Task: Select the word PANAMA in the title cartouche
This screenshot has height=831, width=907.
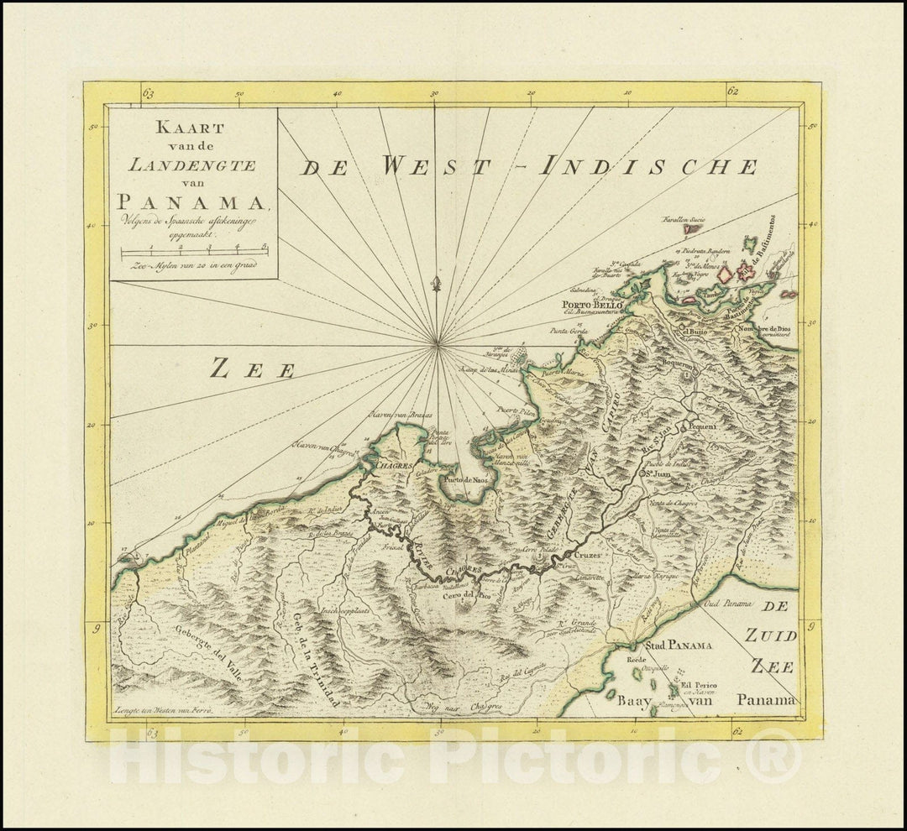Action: point(190,201)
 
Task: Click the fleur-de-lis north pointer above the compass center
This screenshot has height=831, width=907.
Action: point(435,288)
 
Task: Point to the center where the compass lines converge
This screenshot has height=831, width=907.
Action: point(436,343)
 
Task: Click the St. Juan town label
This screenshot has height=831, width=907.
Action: point(661,473)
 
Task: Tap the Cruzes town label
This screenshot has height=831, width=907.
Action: point(585,556)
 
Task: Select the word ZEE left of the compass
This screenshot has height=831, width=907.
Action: point(252,368)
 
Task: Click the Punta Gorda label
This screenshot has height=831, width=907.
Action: point(569,330)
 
